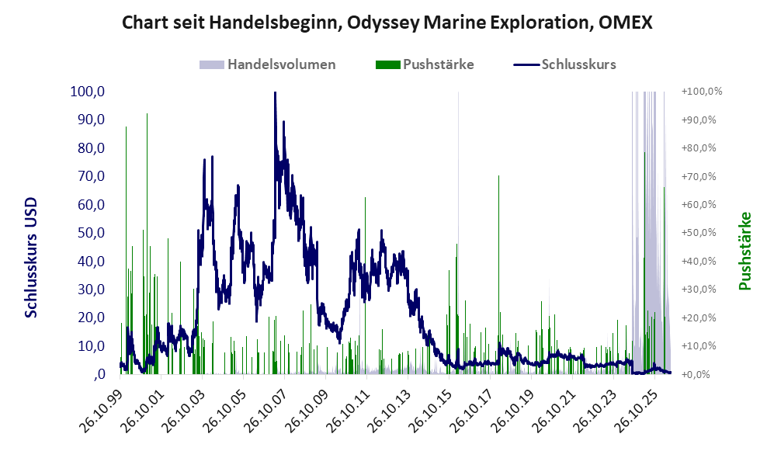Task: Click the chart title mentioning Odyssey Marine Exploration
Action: coord(387,23)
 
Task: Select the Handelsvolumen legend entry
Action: coord(268,64)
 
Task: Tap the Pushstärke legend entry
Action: coord(425,64)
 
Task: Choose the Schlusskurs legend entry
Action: coord(564,64)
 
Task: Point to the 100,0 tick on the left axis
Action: coord(88,92)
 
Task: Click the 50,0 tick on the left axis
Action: coord(92,233)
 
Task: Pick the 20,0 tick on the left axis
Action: coord(92,317)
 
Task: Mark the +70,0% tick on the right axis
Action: coord(699,176)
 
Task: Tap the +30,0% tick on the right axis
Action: coord(699,290)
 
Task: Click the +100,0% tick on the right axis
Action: coord(702,92)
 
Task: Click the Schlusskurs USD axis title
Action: coord(31,258)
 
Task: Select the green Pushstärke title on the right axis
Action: coord(744,251)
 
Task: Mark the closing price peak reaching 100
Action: coord(275,93)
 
